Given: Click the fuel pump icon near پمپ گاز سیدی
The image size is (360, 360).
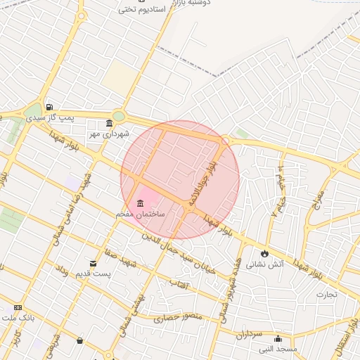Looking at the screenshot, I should click(x=49, y=108).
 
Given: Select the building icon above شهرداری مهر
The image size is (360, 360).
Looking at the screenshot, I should click(x=108, y=123).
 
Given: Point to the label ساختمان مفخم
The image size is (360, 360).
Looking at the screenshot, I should click(x=141, y=213).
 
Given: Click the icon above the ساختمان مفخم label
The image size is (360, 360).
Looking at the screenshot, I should click(x=139, y=203).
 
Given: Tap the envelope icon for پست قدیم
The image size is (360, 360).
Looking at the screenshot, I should click(x=94, y=263).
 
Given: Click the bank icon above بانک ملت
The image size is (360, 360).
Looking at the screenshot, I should click(x=17, y=307).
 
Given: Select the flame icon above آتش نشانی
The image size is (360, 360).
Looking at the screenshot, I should click(x=264, y=253).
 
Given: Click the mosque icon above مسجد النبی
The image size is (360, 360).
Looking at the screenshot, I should click(x=278, y=338).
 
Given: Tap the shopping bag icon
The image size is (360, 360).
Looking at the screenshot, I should click(x=79, y=341).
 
